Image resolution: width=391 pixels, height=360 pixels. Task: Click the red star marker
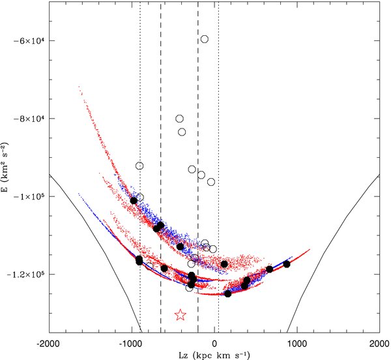pyautogui.click(x=181, y=315)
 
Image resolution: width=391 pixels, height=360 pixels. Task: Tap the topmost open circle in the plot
pyautogui.click(x=205, y=39)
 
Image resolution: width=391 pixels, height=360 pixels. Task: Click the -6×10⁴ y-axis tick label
pyautogui.click(x=28, y=40)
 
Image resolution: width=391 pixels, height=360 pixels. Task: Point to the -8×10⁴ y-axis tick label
pyautogui.click(x=28, y=119)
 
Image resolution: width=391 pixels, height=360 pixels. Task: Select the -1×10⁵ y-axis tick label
pyautogui.click(x=28, y=196)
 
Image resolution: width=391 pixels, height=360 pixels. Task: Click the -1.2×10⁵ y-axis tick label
pyautogui.click(x=25, y=274)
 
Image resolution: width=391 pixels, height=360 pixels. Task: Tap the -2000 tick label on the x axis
pyautogui.click(x=49, y=344)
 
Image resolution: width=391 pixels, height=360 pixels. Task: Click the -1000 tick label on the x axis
pyautogui.click(x=132, y=344)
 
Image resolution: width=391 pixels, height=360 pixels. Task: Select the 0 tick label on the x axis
pyautogui.click(x=214, y=344)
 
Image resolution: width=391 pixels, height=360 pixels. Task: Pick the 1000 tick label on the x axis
pyautogui.click(x=297, y=344)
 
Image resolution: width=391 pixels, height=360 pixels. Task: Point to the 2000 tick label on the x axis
pyautogui.click(x=380, y=344)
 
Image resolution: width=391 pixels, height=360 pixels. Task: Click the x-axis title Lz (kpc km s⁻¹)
pyautogui.click(x=214, y=355)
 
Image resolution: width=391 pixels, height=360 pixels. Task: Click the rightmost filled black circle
pyautogui.click(x=287, y=264)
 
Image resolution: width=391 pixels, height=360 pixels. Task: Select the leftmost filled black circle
pyautogui.click(x=134, y=200)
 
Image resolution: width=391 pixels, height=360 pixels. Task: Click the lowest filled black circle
pyautogui.click(x=227, y=294)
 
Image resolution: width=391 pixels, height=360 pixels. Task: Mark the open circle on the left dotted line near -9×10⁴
pyautogui.click(x=139, y=166)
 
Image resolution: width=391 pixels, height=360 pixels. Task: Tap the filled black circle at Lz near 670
pyautogui.click(x=269, y=269)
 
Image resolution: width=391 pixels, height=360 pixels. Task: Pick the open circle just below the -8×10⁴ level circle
pyautogui.click(x=182, y=132)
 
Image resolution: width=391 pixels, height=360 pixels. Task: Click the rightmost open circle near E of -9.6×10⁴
pyautogui.click(x=211, y=182)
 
